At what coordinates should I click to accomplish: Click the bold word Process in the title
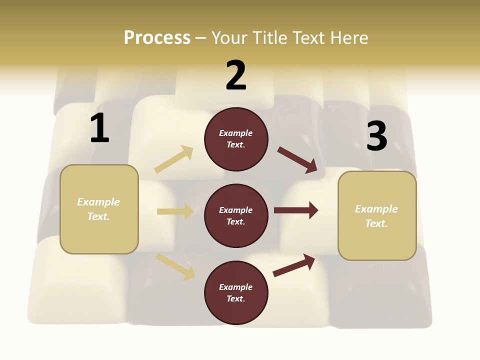point(157,38)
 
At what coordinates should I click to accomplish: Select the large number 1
point(99,128)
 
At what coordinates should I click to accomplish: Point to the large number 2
point(236,75)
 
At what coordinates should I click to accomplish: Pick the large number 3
point(376,136)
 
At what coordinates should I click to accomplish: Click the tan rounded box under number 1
point(99,209)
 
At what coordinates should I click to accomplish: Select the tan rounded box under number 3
point(377,216)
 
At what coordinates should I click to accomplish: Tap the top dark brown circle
point(236,139)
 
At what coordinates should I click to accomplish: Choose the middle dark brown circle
point(236,216)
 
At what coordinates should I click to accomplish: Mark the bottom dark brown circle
point(236,293)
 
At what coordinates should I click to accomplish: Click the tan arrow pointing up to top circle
point(174,159)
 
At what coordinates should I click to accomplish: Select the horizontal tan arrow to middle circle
point(175,211)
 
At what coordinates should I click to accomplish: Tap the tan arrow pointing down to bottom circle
point(175,266)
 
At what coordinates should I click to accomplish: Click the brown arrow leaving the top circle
point(297,160)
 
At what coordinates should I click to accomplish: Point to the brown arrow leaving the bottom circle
point(294,265)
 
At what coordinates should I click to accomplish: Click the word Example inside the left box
point(98,202)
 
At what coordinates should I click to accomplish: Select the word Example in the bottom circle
point(235,287)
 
